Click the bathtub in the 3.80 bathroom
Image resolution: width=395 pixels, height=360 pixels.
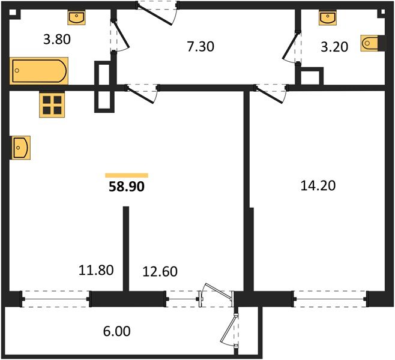point(39,71)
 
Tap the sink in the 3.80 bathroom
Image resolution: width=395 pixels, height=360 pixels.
point(76,17)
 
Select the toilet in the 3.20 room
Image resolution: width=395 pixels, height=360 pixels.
point(370,43)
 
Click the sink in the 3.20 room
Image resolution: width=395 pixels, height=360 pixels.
point(328,18)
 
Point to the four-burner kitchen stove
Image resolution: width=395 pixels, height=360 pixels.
point(52,105)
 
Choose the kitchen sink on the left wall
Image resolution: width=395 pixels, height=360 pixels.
point(21,148)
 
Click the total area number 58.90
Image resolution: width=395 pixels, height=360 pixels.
point(127,187)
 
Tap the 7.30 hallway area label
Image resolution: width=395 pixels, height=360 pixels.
point(201,47)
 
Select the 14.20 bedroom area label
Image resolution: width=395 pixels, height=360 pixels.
point(318,185)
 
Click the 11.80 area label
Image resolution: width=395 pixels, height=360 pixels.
point(96,270)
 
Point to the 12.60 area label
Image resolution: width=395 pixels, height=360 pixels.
point(160,271)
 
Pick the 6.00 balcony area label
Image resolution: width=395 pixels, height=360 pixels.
point(117,331)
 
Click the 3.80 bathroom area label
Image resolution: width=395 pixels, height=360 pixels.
point(57,40)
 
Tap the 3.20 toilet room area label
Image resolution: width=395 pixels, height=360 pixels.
point(334,47)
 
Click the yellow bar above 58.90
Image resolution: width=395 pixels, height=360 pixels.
point(127,175)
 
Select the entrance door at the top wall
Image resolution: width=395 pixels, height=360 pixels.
point(157,13)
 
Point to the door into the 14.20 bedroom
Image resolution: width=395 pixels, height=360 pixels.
point(271,94)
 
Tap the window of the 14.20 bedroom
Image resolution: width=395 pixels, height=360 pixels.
point(330,299)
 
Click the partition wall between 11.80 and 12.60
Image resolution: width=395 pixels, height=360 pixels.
point(126,248)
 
